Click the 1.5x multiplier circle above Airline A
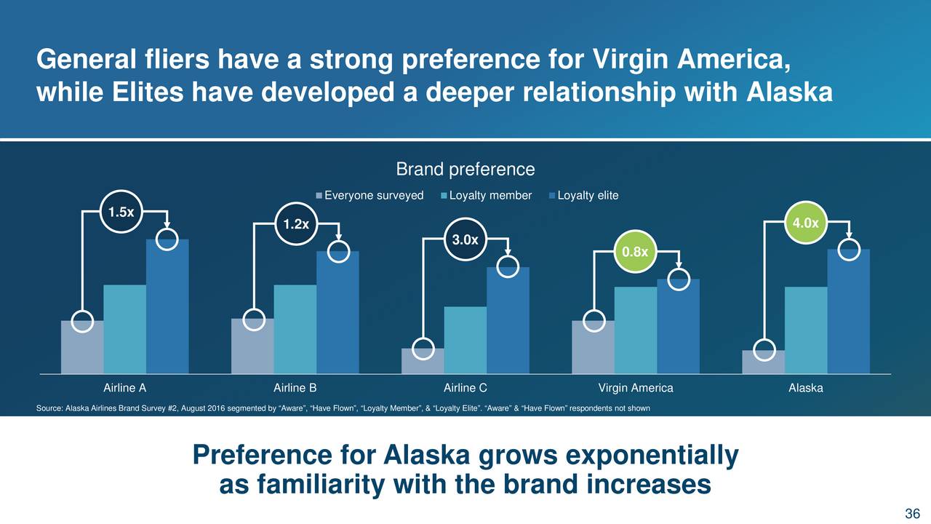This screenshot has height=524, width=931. [x=121, y=212]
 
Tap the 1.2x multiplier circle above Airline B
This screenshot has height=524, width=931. [x=296, y=224]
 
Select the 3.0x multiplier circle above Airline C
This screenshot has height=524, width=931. [x=465, y=239]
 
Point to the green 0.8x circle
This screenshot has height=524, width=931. [x=635, y=252]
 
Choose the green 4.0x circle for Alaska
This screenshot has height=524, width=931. [x=805, y=223]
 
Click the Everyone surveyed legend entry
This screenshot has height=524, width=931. [x=369, y=196]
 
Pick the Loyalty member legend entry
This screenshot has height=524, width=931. [x=486, y=196]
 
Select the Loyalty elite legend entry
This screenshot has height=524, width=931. [x=583, y=196]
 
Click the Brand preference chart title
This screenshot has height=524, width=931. [x=465, y=170]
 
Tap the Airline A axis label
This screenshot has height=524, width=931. [x=124, y=388]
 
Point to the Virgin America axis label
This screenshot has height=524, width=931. [x=636, y=388]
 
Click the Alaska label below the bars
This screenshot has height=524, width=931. [x=805, y=388]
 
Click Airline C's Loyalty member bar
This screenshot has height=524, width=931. [x=465, y=340]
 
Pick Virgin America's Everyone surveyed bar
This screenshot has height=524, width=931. [x=593, y=347]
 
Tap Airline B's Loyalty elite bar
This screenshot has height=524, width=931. [x=337, y=312]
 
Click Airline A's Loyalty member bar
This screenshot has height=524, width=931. [x=124, y=329]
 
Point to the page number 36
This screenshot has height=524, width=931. [x=912, y=513]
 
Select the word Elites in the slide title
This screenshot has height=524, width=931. [x=148, y=92]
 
